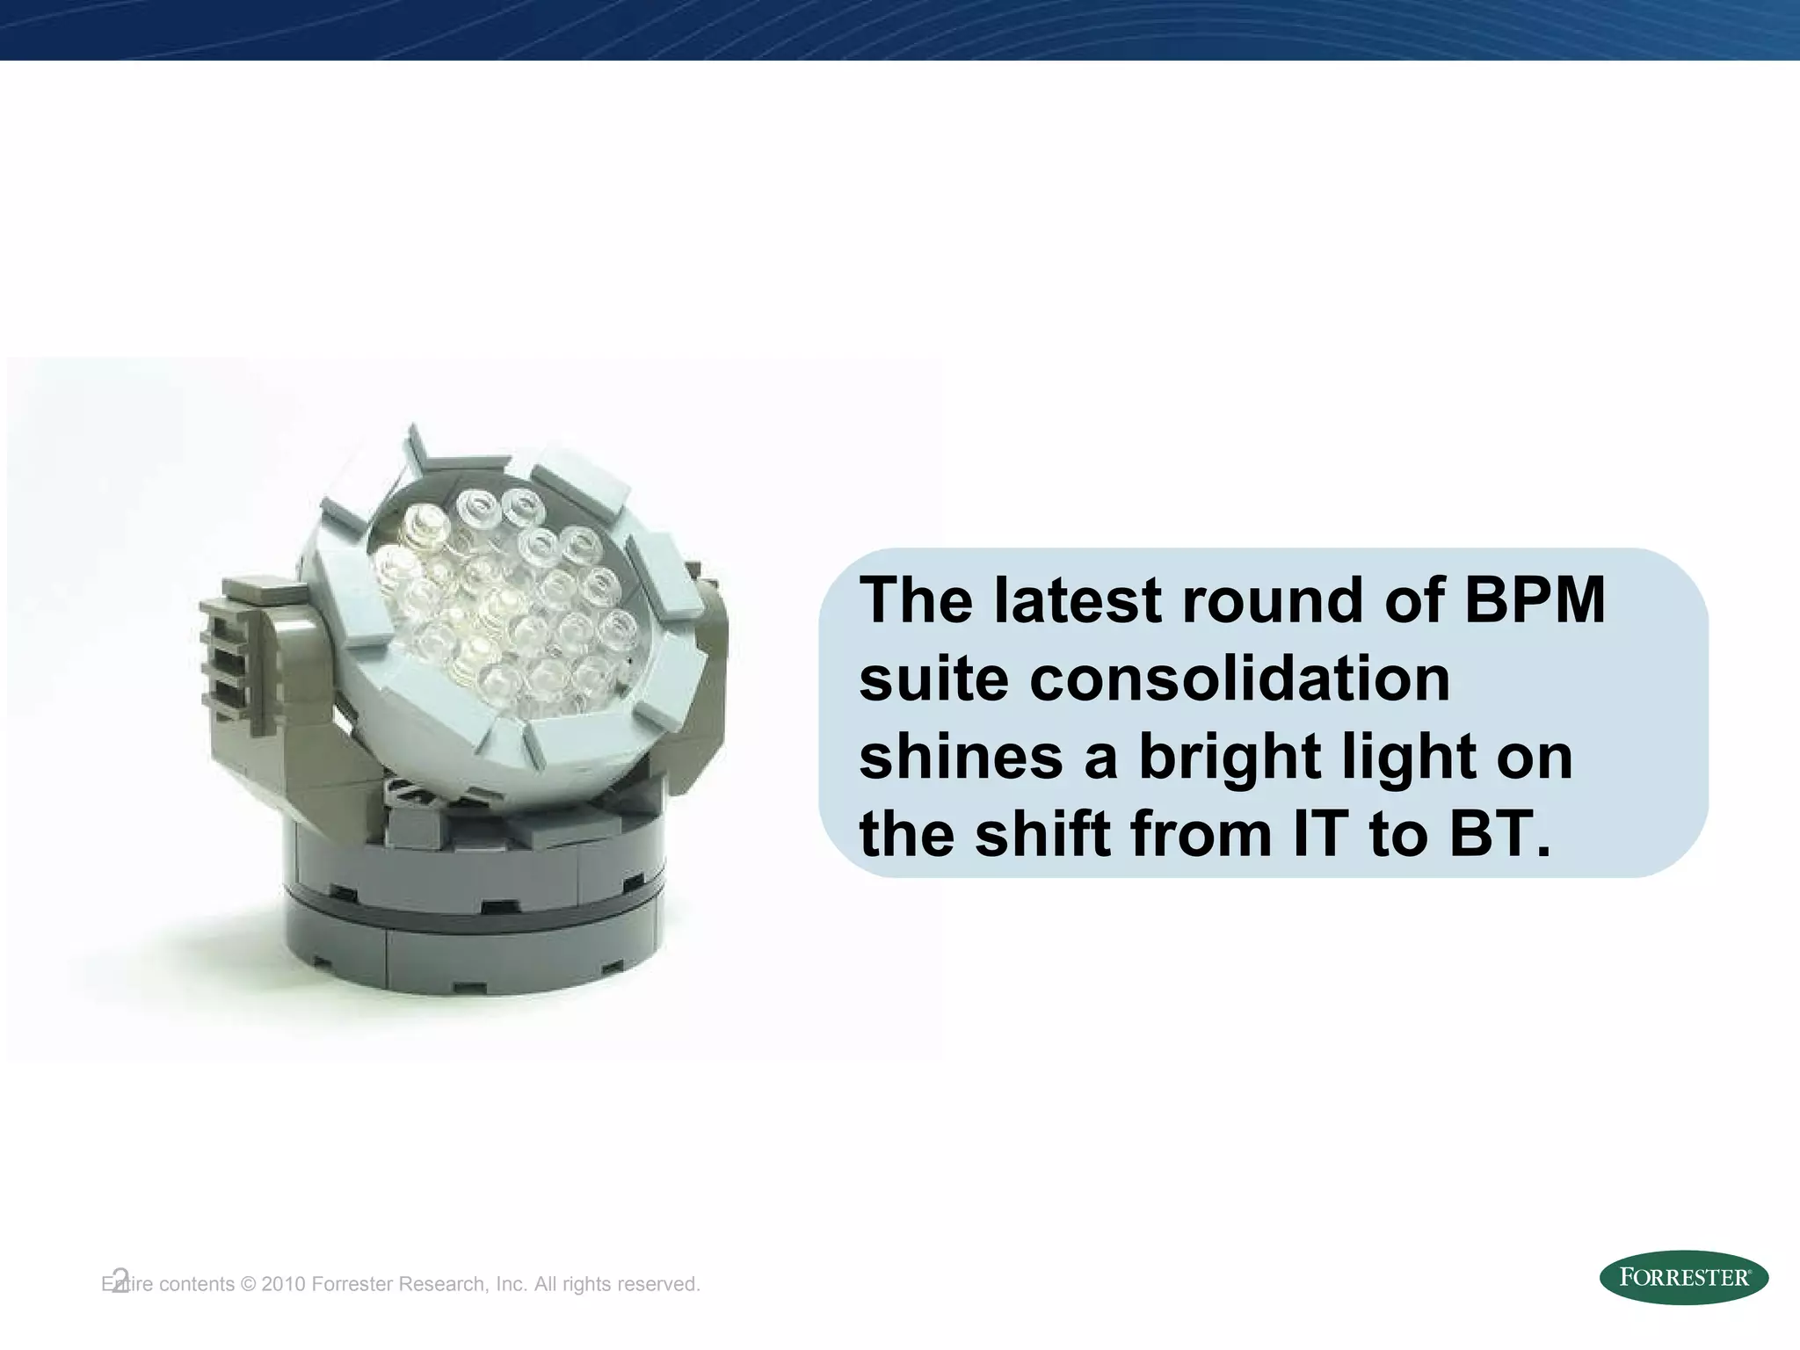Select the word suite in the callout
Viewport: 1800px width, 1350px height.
[933, 679]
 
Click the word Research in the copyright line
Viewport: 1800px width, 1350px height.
[445, 1284]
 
